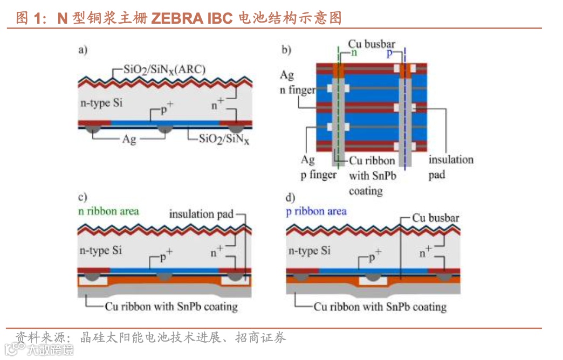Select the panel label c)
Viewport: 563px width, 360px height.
[x=83, y=197]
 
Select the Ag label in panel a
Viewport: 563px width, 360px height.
[x=128, y=139]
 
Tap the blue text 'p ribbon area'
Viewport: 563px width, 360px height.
[x=316, y=211]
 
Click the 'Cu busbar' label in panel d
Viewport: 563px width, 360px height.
[x=435, y=218]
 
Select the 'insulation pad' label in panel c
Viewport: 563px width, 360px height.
[x=201, y=214]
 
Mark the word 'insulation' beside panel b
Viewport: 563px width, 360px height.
[x=451, y=160]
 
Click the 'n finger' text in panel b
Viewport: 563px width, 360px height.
[x=297, y=89]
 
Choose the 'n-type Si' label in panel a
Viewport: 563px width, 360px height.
[x=102, y=102]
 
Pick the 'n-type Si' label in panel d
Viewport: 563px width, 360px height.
[x=310, y=250]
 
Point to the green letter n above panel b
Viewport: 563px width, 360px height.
[x=354, y=53]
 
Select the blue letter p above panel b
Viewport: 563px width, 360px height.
[x=389, y=54]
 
